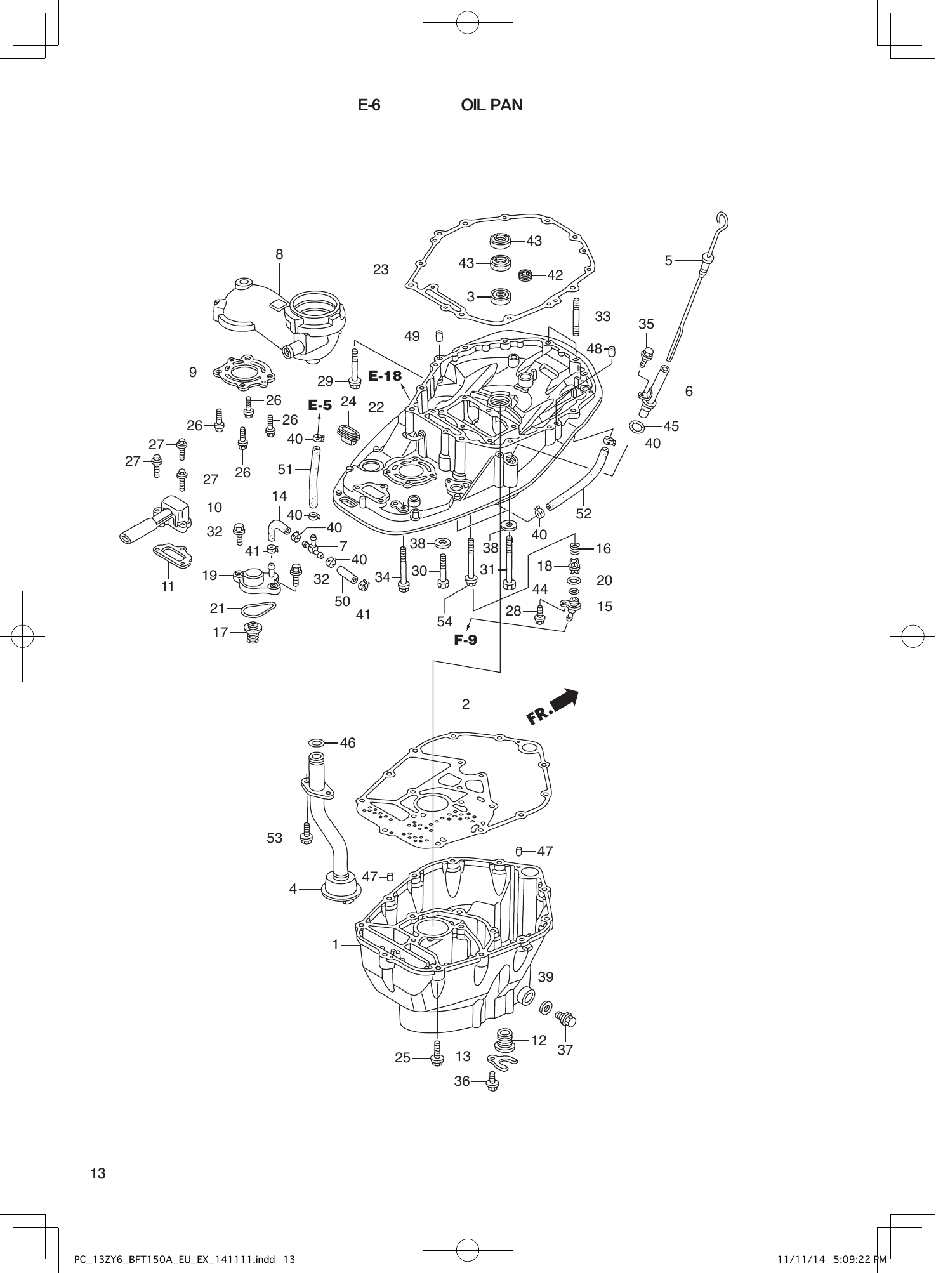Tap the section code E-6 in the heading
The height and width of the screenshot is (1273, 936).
point(369,105)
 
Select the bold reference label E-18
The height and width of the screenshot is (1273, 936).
point(385,376)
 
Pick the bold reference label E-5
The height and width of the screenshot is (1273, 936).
point(320,405)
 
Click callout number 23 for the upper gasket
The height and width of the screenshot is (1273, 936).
point(381,270)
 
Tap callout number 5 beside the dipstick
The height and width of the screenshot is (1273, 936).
point(668,260)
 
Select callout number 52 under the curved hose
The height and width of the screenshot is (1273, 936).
point(583,513)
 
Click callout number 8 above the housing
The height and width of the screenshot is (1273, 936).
point(279,254)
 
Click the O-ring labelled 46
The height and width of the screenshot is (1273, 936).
point(317,742)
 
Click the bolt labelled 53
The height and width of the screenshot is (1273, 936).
point(305,833)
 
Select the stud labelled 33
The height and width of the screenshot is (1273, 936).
point(577,317)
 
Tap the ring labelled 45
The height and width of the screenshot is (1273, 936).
point(638,426)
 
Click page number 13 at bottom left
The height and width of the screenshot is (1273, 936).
point(98,1173)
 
